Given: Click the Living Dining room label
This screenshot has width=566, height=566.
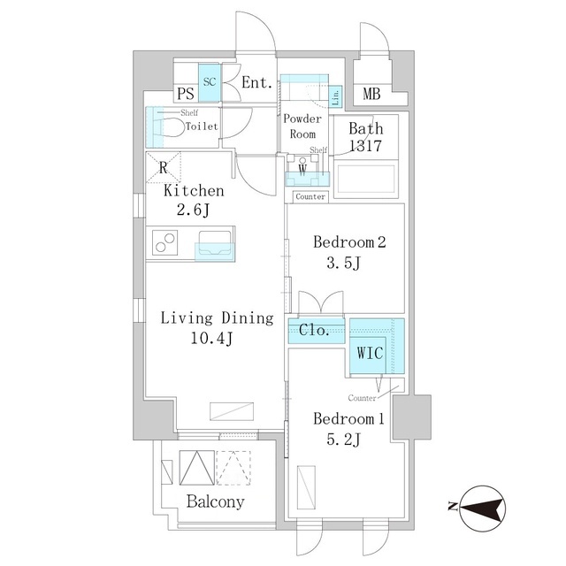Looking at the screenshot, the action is pos(217,318).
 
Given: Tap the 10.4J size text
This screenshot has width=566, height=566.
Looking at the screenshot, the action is pos(212,338).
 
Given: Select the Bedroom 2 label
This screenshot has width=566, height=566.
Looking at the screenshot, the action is pos(349,241).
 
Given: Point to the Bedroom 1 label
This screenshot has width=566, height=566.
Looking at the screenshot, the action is pos(348,418).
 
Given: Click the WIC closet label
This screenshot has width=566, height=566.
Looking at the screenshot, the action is pos(370,353).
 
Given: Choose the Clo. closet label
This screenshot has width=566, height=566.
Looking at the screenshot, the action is pos(314,330).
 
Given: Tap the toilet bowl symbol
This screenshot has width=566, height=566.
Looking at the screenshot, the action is pos(169,127).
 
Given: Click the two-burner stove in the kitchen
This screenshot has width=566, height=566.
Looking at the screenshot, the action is pos(165,242).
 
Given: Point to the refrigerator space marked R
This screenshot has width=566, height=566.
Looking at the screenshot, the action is pos(163,167).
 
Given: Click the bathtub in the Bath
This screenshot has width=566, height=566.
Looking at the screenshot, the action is pos(365,180).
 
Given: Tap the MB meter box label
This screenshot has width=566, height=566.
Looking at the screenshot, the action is pos(371,94).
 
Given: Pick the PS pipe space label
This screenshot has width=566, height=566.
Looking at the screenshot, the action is pos(186,94).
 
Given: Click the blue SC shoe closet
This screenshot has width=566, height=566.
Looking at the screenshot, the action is pos(209,82).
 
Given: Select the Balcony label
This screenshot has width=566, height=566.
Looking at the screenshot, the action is pos(215,501).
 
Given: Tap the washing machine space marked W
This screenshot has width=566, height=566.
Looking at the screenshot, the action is pos(302,169).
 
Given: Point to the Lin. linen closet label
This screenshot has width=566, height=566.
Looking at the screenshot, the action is pos(335,96).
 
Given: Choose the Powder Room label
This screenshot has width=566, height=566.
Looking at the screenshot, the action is pos(302,126).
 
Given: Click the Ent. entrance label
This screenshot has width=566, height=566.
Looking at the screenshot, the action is pos(256,82).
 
